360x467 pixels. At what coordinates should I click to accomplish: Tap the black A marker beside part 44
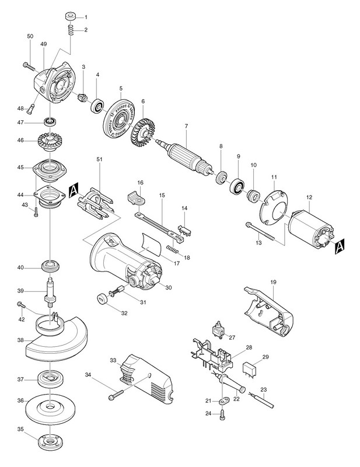coord(74,190)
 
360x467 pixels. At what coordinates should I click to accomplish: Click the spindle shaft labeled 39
coord(50,292)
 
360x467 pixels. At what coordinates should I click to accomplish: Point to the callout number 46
coord(20,140)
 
